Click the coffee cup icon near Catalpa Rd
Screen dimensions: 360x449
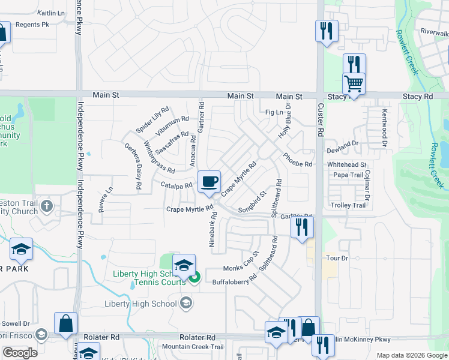[209, 182]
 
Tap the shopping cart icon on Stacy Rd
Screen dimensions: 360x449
[354, 84]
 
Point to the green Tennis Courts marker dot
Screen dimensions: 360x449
[194, 277]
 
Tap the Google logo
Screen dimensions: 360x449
[19, 353]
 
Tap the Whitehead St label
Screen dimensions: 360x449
[346, 164]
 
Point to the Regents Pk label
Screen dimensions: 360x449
[32, 25]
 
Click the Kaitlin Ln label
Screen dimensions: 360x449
[51, 12]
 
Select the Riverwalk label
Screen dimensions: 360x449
[435, 31]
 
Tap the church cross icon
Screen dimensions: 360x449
[47, 206]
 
